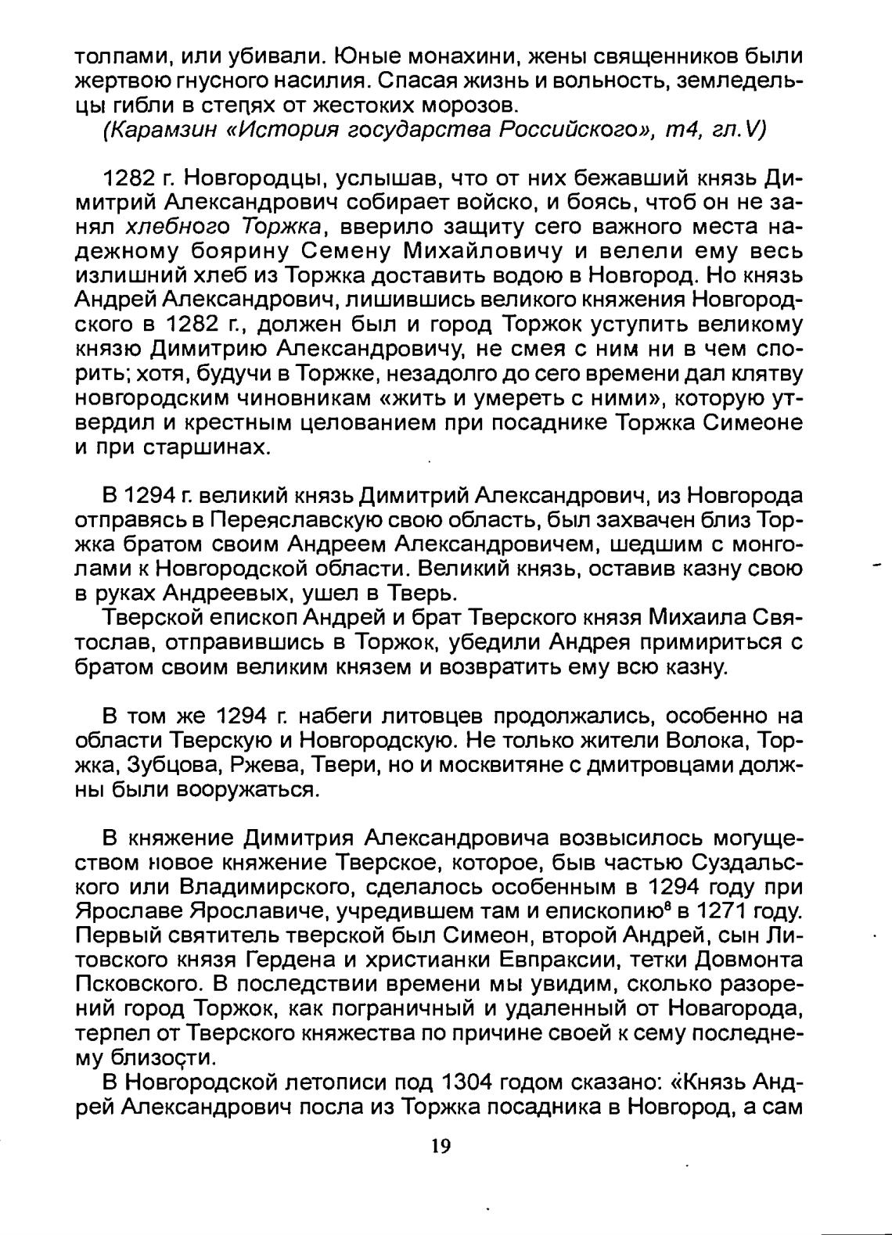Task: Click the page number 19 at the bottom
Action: coord(441,1147)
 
